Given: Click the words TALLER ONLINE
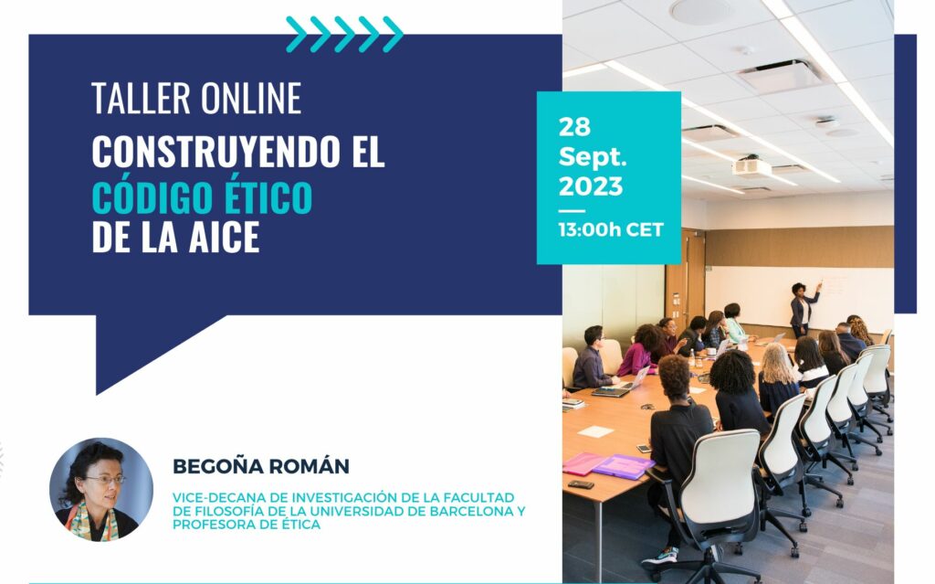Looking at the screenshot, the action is point(196,99).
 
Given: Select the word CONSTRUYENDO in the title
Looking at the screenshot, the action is point(215,152).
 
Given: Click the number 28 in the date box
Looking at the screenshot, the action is point(574,127).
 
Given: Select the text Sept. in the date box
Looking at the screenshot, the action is point(592,156).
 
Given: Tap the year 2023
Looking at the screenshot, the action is point(591,186).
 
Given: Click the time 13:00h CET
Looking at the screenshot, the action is point(611,230).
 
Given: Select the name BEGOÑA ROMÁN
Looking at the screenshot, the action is point(261,466).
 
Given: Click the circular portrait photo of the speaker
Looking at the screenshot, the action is point(100,490).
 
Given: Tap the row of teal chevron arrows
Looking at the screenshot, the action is point(344,34).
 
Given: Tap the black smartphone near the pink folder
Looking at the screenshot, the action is point(581,484).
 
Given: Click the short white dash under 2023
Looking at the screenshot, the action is point(572,211).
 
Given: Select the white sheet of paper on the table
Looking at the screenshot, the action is point(595,431).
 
